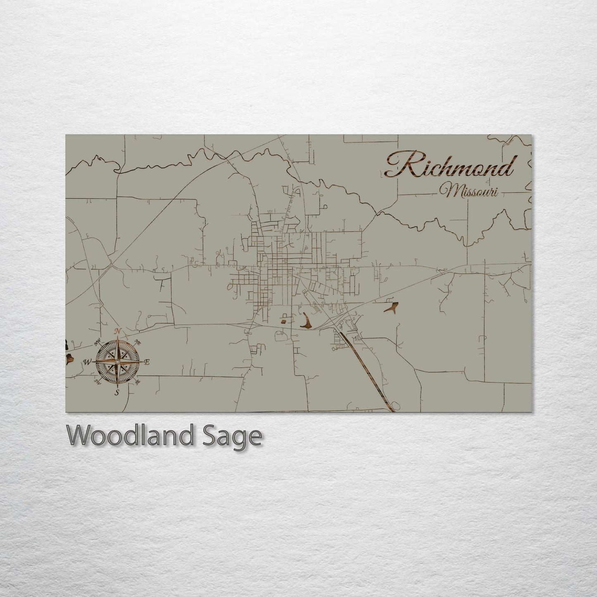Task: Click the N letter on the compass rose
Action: [x=119, y=331]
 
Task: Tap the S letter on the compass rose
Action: [x=117, y=392]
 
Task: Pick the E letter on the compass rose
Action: [x=147, y=362]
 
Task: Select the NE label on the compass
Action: [x=138, y=342]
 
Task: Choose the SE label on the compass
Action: [x=138, y=382]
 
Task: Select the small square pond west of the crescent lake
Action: [x=284, y=319]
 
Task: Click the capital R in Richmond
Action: [x=399, y=165]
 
